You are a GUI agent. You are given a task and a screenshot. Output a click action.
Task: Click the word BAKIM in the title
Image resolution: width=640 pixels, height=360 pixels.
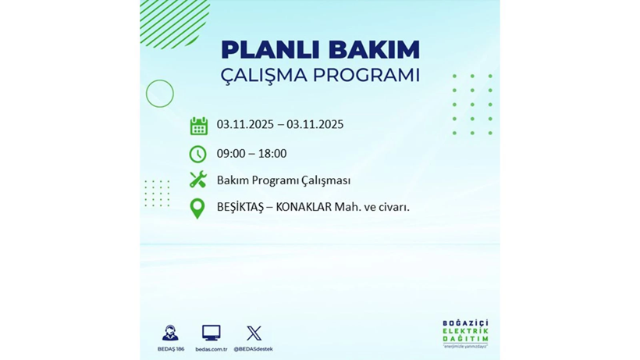(x=374, y=50)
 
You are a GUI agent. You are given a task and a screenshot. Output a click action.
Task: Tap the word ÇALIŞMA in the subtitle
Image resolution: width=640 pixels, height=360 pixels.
(x=264, y=76)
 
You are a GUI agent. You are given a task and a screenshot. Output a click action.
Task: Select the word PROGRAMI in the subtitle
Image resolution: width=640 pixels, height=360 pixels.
(x=366, y=76)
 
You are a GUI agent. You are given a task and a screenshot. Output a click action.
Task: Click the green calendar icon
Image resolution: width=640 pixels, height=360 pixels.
(x=198, y=126)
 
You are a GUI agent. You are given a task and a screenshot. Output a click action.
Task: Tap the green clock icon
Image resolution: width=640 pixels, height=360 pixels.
(x=198, y=154)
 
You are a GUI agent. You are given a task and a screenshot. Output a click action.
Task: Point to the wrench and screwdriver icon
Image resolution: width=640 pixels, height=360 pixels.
(x=198, y=180)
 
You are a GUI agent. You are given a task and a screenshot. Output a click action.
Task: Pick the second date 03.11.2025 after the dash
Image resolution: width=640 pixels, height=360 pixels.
(x=315, y=124)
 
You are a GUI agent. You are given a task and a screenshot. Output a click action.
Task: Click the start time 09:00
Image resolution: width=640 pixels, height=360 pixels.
(x=231, y=153)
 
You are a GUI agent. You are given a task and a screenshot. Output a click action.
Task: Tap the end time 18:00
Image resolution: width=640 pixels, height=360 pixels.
(x=272, y=153)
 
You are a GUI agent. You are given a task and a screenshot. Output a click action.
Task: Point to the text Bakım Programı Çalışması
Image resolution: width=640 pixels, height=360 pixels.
(x=283, y=180)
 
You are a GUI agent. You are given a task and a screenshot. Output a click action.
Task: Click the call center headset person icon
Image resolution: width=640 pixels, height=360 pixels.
(x=169, y=333)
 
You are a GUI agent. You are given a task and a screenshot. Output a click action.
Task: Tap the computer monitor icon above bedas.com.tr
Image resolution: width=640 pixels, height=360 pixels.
(x=211, y=333)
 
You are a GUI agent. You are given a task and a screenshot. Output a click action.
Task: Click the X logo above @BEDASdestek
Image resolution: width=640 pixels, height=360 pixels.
(x=254, y=333)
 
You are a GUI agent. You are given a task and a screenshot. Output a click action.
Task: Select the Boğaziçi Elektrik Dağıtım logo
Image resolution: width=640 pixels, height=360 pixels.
(x=465, y=334)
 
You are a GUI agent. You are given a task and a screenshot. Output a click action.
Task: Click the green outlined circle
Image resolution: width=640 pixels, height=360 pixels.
(x=160, y=94)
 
